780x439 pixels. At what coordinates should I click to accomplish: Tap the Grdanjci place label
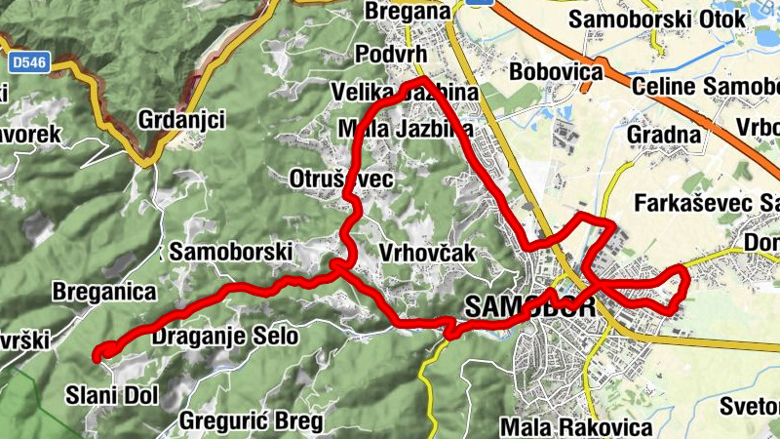(182, 120)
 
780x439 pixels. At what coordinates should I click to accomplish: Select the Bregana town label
(408, 11)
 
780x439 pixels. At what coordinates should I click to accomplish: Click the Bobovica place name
(553, 73)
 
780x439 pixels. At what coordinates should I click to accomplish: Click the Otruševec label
(341, 180)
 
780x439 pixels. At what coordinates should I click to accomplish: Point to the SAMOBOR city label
(530, 305)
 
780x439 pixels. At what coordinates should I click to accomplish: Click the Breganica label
(104, 291)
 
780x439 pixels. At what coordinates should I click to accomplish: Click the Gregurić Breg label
(252, 421)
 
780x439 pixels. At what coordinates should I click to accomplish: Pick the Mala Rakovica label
(575, 427)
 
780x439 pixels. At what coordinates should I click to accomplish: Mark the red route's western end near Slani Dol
(97, 355)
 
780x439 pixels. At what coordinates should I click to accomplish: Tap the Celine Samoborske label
(706, 87)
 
